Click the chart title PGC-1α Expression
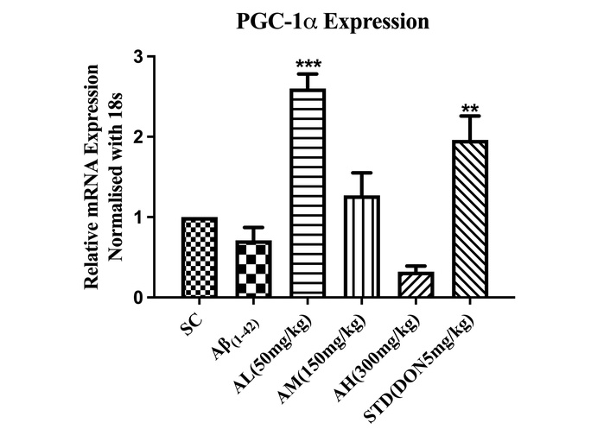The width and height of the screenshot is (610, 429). pyautogui.click(x=333, y=23)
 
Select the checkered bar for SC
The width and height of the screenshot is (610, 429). pyautogui.click(x=200, y=257)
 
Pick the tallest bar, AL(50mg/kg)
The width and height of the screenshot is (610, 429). pyautogui.click(x=308, y=193)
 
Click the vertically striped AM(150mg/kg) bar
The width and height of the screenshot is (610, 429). pyautogui.click(x=361, y=247)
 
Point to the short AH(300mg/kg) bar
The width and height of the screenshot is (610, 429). pyautogui.click(x=415, y=285)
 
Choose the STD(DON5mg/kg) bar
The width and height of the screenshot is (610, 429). pyautogui.click(x=469, y=219)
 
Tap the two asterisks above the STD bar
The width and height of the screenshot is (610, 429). pyautogui.click(x=469, y=109)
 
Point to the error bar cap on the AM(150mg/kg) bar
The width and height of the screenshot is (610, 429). pyautogui.click(x=361, y=173)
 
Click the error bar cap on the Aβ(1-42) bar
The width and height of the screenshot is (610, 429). pyautogui.click(x=253, y=228)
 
